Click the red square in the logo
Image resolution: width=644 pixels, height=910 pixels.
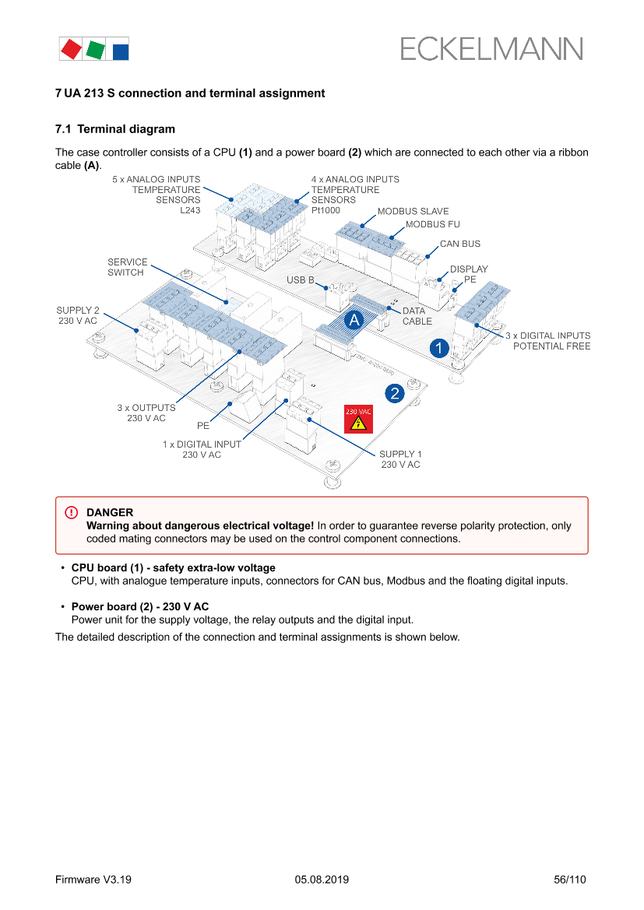coord(71,49)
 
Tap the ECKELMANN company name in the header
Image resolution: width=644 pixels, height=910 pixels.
coord(491,49)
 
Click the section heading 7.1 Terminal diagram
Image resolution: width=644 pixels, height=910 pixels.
coord(115,129)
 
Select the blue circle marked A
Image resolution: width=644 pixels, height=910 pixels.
coord(354,319)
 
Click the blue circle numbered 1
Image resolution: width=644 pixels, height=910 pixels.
coord(440,347)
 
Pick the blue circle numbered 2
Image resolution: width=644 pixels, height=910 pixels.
coord(396,393)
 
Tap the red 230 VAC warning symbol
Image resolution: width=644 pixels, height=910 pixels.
coord(357,419)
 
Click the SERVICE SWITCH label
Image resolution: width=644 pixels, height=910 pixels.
coord(127,267)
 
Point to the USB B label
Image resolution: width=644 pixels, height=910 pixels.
coord(301,279)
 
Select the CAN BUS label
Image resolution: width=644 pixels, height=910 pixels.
coord(460,244)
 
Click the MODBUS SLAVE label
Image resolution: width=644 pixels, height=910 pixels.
coord(413,211)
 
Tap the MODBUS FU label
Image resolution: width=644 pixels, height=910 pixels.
coord(433,224)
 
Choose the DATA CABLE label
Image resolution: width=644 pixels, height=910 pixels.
coord(417,315)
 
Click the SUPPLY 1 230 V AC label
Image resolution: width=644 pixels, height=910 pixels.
coord(400,459)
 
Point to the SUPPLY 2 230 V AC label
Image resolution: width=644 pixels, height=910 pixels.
coord(78,315)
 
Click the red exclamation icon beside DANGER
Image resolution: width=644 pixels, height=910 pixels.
coord(72,512)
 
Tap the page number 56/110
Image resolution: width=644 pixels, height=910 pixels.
coord(569,880)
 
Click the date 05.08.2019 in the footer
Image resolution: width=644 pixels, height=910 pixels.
coord(322,880)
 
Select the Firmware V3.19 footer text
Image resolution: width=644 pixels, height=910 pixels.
coord(93,880)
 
